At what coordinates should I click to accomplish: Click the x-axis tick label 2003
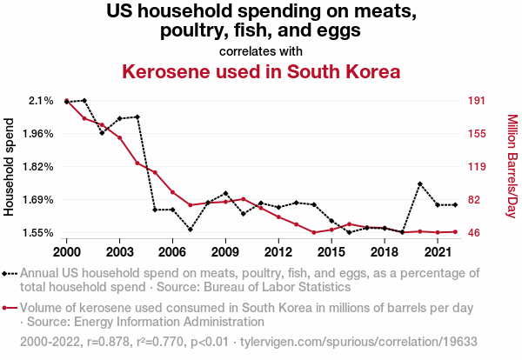coord(119,251)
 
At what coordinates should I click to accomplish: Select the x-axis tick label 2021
coord(437,251)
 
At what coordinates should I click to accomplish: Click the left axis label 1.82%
coord(37,167)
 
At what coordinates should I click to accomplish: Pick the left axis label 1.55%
coord(37,233)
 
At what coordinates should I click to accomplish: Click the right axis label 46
coord(472,233)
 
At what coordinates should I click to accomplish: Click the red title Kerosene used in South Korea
coord(261,71)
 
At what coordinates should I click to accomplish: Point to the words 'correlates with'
coord(261,50)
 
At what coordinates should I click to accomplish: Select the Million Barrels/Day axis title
coord(512,167)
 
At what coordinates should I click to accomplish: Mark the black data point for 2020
coord(420,184)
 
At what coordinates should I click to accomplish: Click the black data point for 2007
coord(190,230)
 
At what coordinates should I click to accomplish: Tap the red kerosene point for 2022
coord(455,231)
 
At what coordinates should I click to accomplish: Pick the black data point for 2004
coord(137,117)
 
